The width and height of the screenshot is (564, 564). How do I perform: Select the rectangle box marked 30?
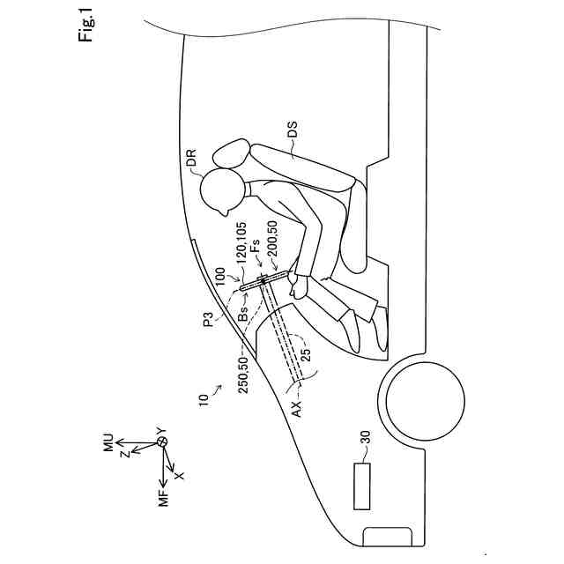click(362, 486)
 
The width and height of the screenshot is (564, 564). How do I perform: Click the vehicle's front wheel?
click(426, 399)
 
